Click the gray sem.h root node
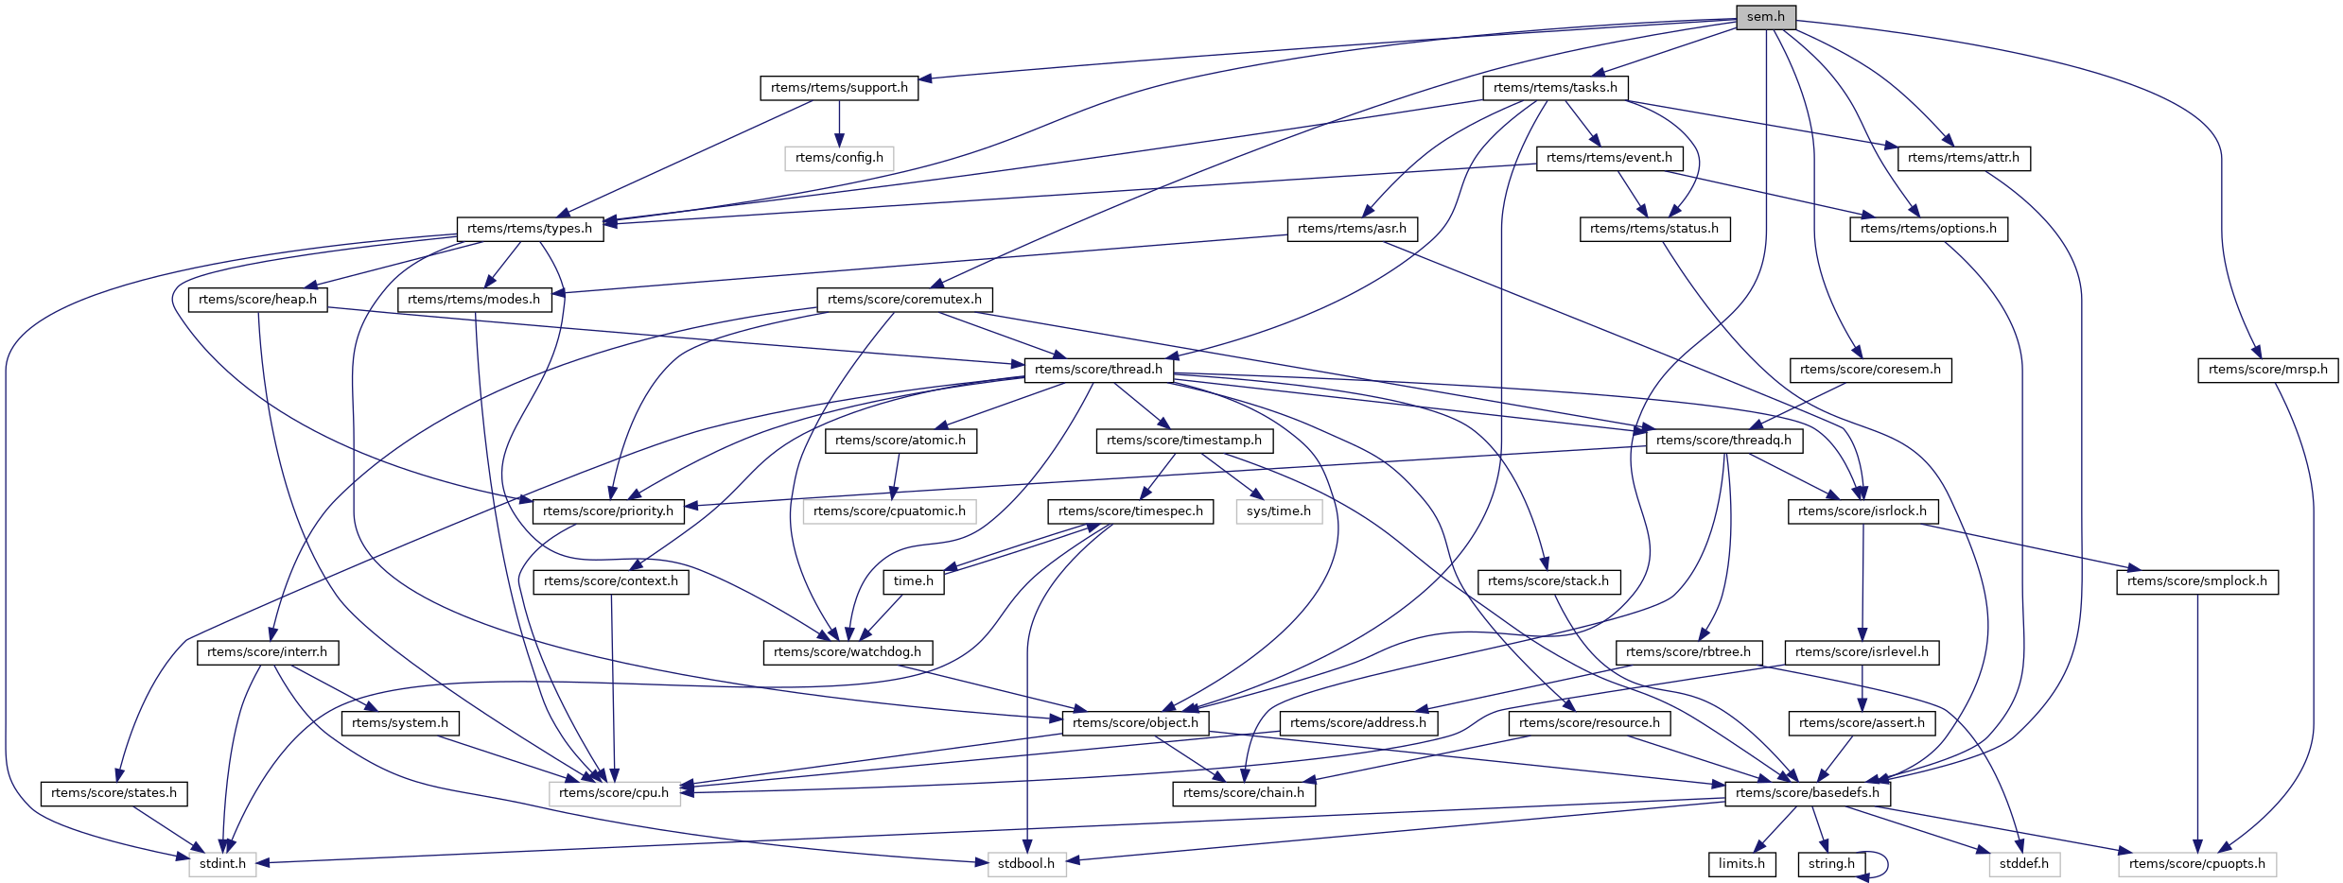tap(1765, 17)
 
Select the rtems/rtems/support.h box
tap(839, 88)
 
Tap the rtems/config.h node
tap(839, 158)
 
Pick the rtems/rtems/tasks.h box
tap(1555, 88)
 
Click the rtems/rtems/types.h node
tap(530, 229)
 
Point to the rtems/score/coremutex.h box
tap(904, 300)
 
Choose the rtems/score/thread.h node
tap(1098, 370)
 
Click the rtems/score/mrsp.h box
tap(2267, 370)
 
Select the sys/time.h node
tap(1279, 511)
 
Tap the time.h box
tap(914, 581)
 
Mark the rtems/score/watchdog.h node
tap(848, 652)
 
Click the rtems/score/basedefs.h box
tap(1808, 793)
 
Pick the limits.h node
tap(1741, 864)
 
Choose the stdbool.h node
tap(1026, 864)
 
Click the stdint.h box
tap(222, 864)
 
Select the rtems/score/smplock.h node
tap(2196, 581)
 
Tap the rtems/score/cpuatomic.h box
tap(889, 511)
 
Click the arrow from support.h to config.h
tap(839, 123)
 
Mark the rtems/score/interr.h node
tap(267, 652)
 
